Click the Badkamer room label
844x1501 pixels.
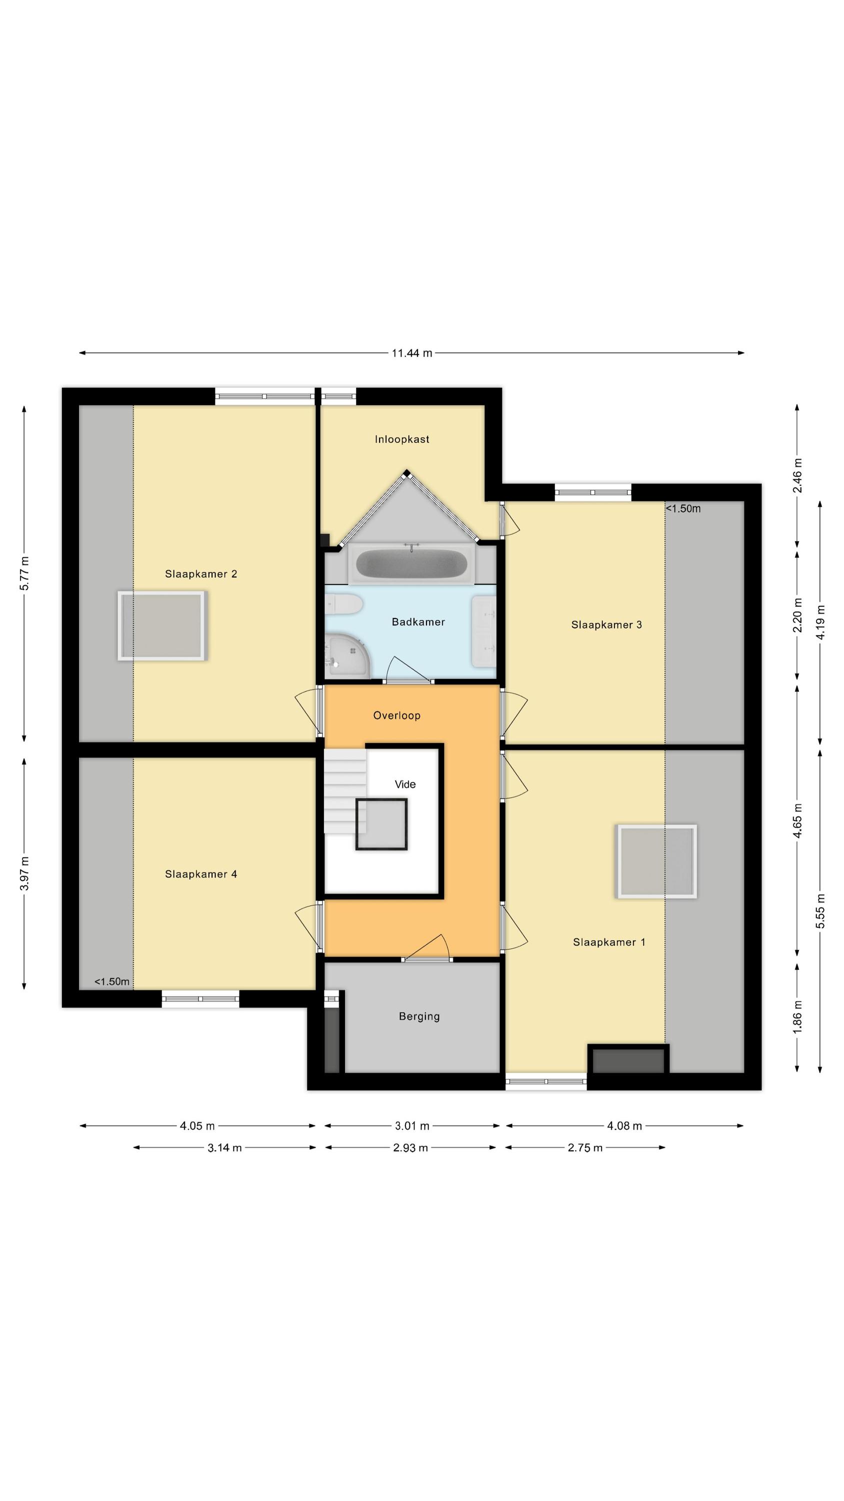[417, 622]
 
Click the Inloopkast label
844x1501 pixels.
[402, 439]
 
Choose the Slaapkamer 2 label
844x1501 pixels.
[201, 574]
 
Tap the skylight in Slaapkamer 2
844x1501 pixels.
[162, 626]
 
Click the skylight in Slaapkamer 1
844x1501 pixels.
[656, 861]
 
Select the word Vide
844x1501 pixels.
[405, 785]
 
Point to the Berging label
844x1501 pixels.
[419, 1017]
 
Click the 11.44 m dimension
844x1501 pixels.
[412, 353]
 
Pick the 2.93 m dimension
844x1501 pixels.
[410, 1148]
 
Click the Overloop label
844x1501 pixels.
[396, 715]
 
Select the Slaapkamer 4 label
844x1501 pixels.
[201, 874]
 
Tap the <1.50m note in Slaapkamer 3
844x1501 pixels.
[683, 509]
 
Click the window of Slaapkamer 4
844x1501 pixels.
[200, 999]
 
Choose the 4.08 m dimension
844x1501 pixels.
[624, 1126]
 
